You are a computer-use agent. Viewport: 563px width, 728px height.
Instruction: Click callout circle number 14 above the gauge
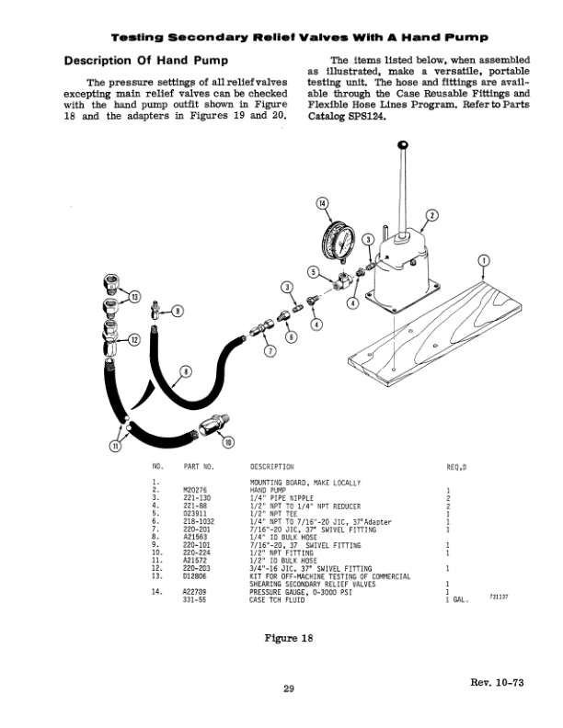(322, 203)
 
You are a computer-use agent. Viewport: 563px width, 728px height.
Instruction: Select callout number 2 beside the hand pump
(430, 218)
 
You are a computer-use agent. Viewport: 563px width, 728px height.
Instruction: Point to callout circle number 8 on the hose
(185, 371)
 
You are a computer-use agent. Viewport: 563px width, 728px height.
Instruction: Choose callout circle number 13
(134, 296)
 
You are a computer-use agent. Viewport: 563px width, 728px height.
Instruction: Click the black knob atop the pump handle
(402, 145)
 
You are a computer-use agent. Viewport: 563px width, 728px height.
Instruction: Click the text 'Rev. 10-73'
(496, 681)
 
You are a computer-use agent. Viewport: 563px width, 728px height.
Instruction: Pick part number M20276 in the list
(196, 490)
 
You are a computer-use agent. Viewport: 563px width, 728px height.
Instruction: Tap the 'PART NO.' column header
(198, 467)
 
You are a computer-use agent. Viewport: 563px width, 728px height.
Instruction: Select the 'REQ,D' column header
(455, 467)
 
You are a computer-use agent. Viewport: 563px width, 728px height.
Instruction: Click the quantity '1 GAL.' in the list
(458, 600)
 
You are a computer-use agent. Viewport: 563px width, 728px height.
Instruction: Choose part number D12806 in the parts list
(196, 575)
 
